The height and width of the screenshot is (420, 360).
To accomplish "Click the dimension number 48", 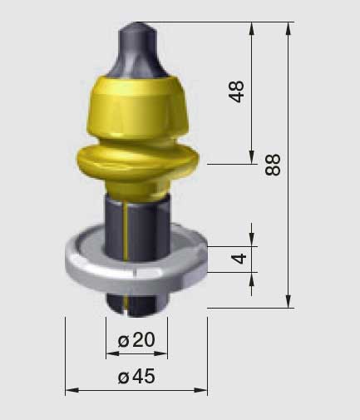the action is tap(236, 91).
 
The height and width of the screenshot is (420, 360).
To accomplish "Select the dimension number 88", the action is tap(273, 165).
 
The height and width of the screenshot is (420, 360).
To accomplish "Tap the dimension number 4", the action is tap(239, 259).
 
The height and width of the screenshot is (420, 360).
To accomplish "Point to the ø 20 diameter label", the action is tap(136, 340).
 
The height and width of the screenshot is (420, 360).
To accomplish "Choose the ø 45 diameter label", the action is tap(136, 377).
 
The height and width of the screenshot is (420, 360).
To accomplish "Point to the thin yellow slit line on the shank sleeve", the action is tap(126, 231).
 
